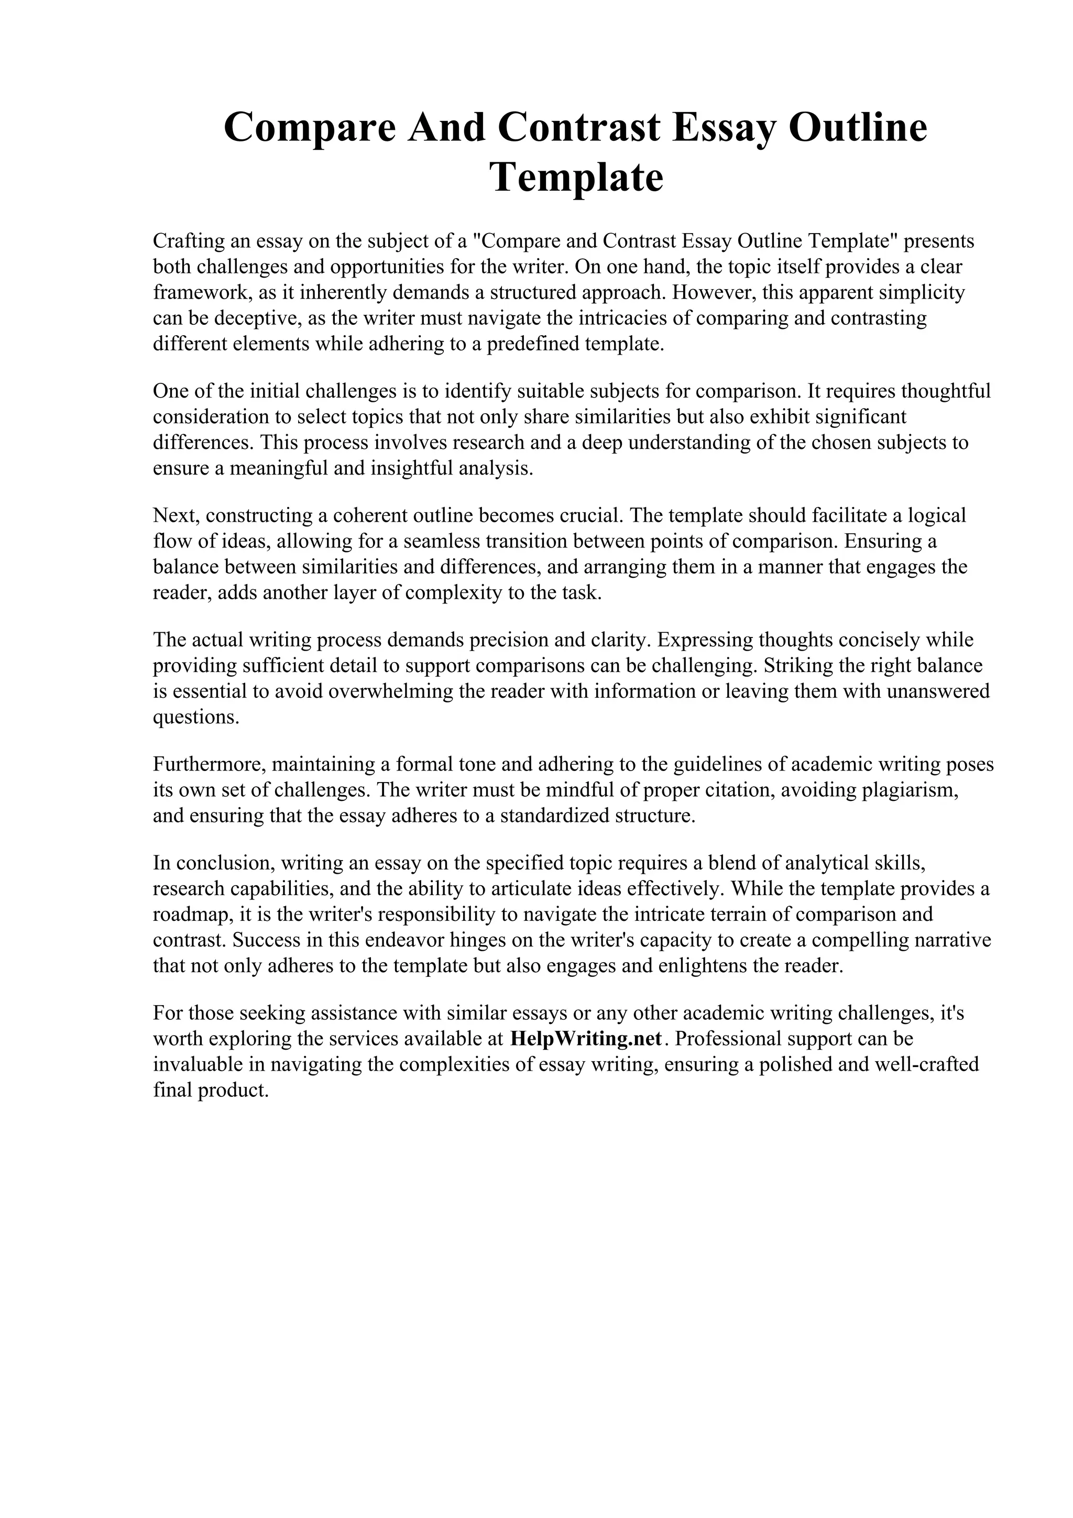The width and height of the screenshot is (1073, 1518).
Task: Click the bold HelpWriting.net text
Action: (x=586, y=1039)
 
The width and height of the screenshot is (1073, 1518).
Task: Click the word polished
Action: (x=809, y=1064)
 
